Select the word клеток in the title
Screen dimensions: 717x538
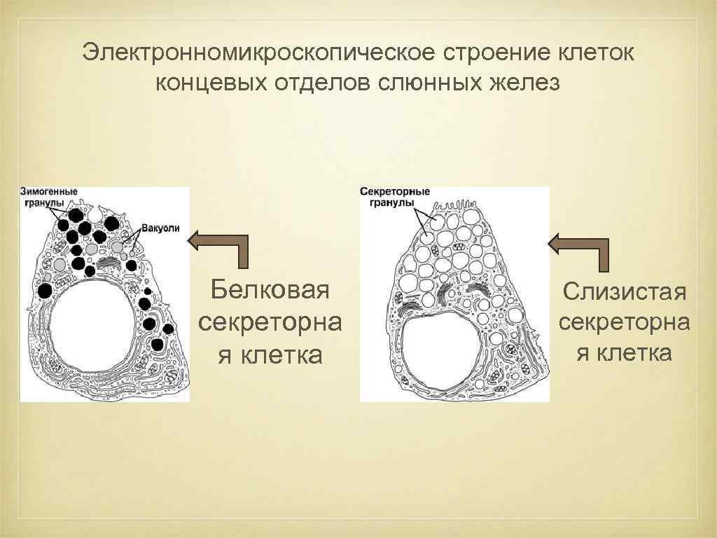(x=591, y=53)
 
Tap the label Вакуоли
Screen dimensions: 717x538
(x=161, y=228)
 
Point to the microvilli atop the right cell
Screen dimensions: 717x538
(x=454, y=204)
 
